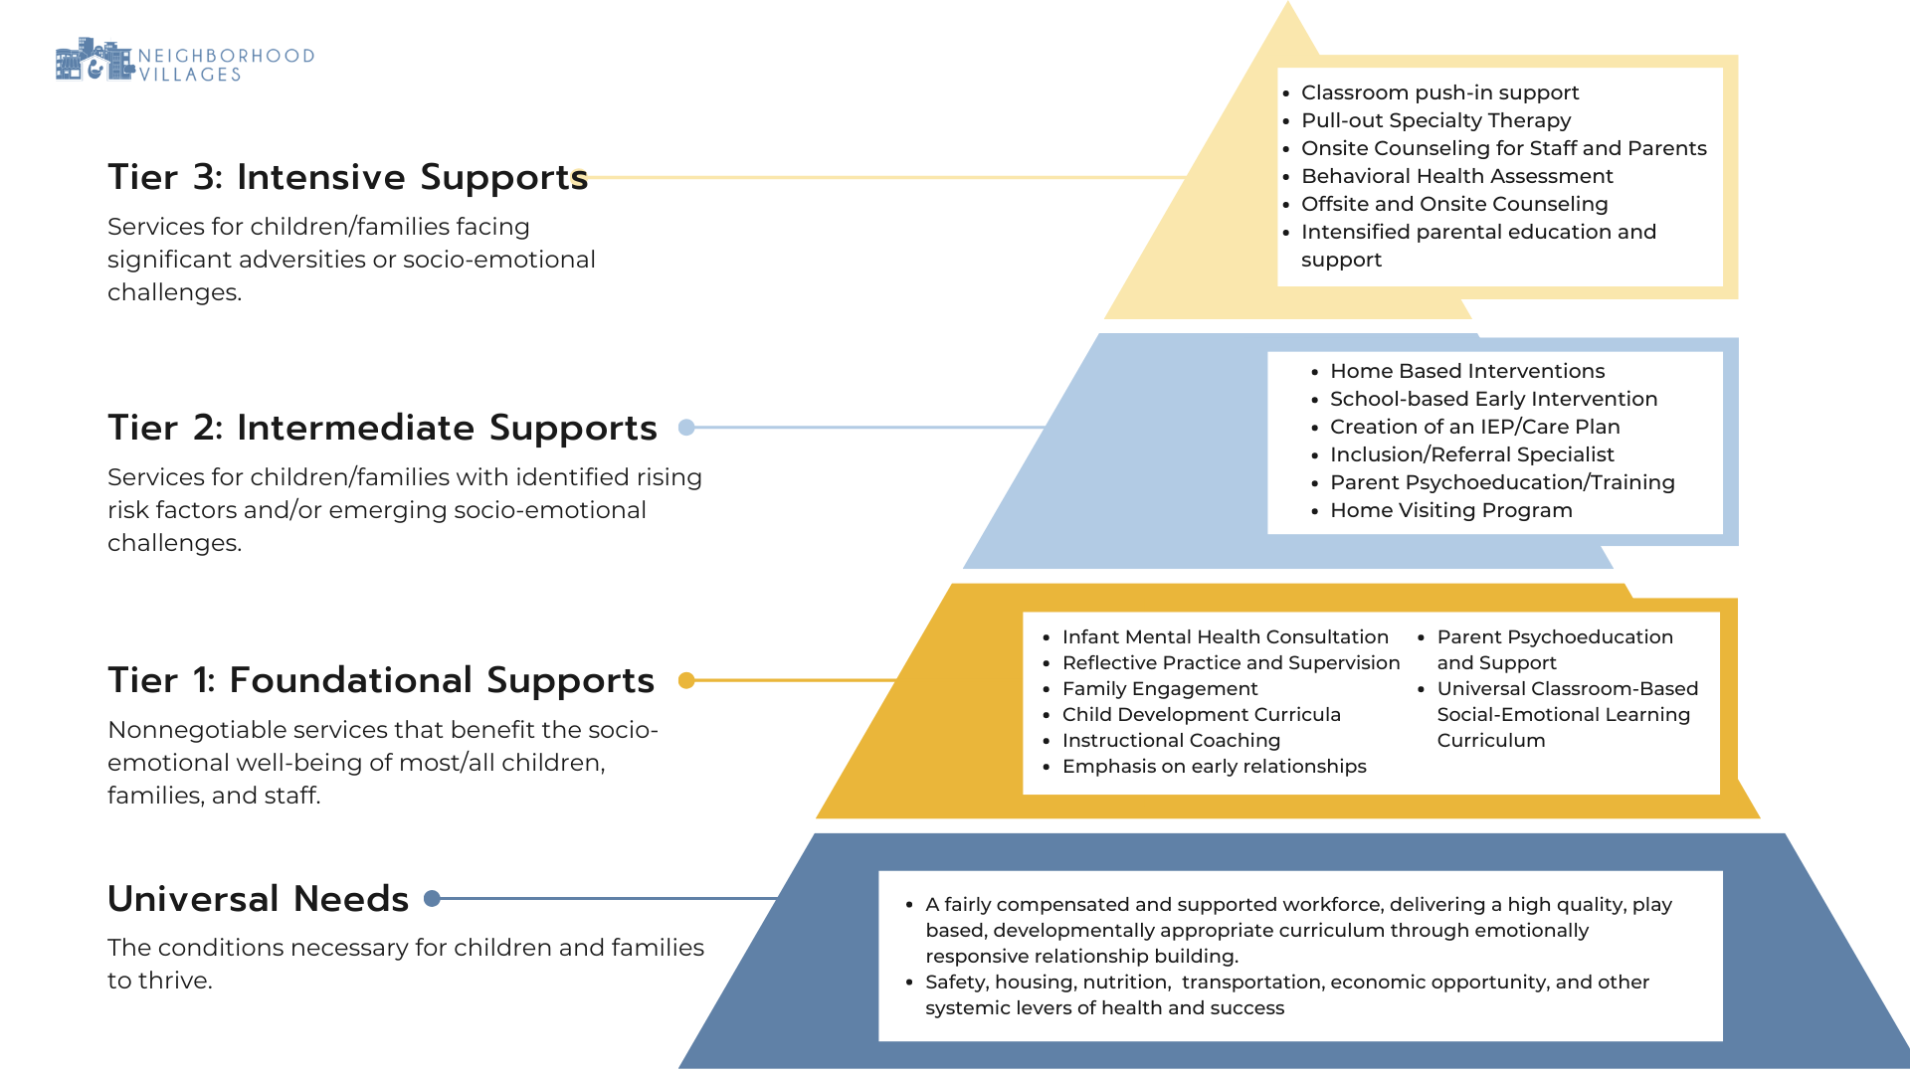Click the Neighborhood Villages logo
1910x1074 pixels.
click(184, 62)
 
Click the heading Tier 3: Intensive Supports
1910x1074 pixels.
click(347, 177)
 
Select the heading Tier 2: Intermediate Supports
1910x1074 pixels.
click(382, 428)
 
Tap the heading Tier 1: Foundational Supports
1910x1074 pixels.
click(381, 680)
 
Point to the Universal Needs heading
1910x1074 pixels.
click(258, 899)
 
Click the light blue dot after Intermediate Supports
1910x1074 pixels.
click(686, 428)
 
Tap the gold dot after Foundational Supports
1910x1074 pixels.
click(686, 680)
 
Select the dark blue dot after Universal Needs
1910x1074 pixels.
click(432, 899)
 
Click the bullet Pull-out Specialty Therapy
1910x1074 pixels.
click(1435, 120)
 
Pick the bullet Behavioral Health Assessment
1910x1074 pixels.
click(1456, 176)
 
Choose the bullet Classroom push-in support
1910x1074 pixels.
click(1439, 92)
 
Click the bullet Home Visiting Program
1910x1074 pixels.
click(1450, 510)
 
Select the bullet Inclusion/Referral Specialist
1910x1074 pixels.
click(1471, 454)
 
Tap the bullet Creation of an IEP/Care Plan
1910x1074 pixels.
click(1474, 427)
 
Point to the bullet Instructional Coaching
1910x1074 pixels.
click(1171, 741)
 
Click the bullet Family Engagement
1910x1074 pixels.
click(1160, 689)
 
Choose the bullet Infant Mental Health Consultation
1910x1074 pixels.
click(1225, 637)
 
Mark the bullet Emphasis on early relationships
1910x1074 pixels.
click(1214, 767)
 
